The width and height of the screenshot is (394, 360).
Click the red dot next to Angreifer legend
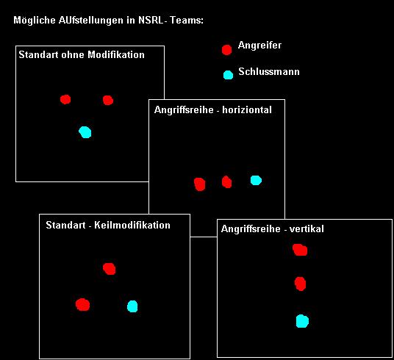point(226,50)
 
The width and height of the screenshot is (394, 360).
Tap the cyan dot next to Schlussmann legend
point(228,75)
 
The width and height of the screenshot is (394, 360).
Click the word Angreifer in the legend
point(259,46)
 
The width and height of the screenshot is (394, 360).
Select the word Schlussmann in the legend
point(269,71)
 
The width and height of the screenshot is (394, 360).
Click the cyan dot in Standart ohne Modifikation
point(85,132)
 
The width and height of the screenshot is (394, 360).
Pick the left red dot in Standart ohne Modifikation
point(65,99)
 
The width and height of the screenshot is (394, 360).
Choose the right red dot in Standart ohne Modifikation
point(108,100)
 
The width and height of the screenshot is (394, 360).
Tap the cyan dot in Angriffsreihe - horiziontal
point(256,181)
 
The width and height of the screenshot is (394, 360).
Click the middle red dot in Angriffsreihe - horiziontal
point(226,182)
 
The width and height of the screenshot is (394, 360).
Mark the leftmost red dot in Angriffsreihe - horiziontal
point(200,184)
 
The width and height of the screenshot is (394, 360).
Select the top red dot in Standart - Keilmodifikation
point(110,269)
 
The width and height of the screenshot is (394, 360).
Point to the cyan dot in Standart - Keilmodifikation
point(132,306)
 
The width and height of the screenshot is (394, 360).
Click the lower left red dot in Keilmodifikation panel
point(82,305)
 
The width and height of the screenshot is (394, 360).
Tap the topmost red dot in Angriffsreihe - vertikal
point(300,250)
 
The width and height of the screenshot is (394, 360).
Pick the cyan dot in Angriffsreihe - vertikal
point(302,321)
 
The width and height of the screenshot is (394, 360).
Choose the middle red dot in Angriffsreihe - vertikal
point(300,284)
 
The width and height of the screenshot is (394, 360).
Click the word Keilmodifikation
point(132,225)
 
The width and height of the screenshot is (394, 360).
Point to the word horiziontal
point(247,109)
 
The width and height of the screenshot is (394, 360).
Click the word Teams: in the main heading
point(187,20)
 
